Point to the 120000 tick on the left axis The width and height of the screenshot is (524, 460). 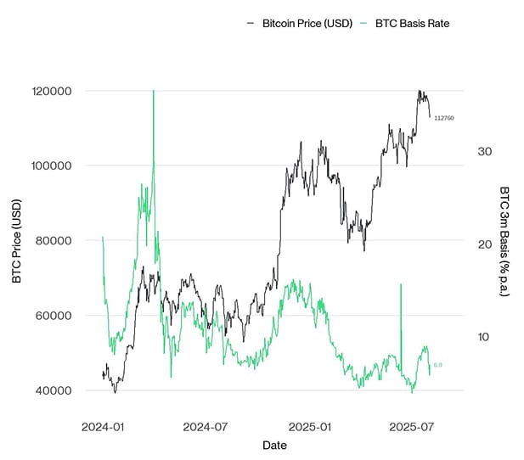pyautogui.click(x=53, y=91)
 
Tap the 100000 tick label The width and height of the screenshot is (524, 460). pyautogui.click(x=53, y=165)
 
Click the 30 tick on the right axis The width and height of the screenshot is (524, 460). pyautogui.click(x=485, y=151)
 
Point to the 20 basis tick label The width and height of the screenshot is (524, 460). pyautogui.click(x=485, y=244)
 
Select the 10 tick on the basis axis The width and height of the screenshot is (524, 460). pyautogui.click(x=484, y=337)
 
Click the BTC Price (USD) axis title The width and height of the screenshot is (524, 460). pyautogui.click(x=16, y=240)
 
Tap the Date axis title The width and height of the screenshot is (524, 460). pyautogui.click(x=274, y=446)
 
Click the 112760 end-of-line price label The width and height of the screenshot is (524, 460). pyautogui.click(x=444, y=118)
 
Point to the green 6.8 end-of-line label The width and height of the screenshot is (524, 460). pyautogui.click(x=437, y=365)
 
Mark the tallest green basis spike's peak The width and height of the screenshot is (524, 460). pyautogui.click(x=153, y=91)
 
